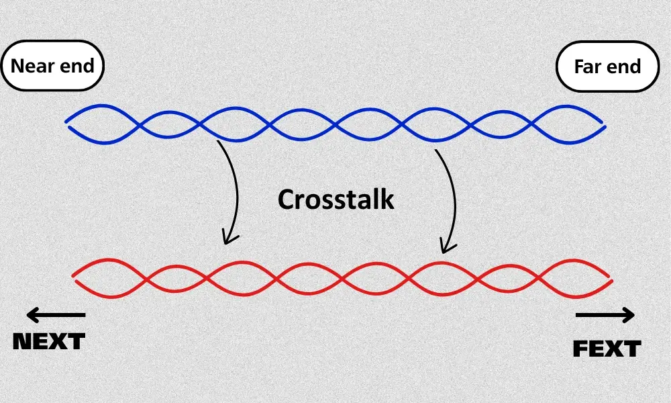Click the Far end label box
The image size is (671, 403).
(x=607, y=66)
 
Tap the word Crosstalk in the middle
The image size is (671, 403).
(x=335, y=199)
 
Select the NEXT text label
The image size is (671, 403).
(x=50, y=341)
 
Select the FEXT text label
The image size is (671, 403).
(x=607, y=349)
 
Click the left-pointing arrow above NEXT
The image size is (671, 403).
(x=56, y=314)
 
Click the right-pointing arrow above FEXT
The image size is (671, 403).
(x=605, y=314)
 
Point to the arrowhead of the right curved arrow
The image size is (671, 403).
(x=444, y=250)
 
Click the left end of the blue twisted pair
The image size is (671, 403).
(x=67, y=122)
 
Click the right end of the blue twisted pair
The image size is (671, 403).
(x=604, y=126)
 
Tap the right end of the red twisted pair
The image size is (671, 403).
(x=610, y=278)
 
